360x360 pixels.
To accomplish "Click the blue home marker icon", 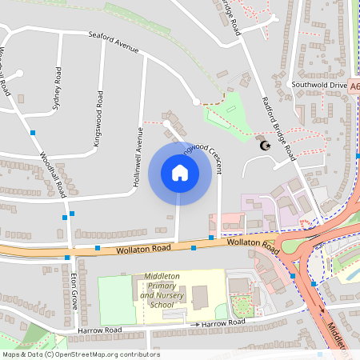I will pos(180,173).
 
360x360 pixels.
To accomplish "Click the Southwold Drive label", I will pos(319,84).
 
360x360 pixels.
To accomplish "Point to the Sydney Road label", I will pos(57,90).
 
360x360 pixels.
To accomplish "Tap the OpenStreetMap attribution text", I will pos(80,354).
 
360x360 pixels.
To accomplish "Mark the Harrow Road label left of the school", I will pos(99,330).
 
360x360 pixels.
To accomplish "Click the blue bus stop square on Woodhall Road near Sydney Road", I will pos(34,132).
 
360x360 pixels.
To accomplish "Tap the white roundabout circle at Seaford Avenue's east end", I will pos(196,102).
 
